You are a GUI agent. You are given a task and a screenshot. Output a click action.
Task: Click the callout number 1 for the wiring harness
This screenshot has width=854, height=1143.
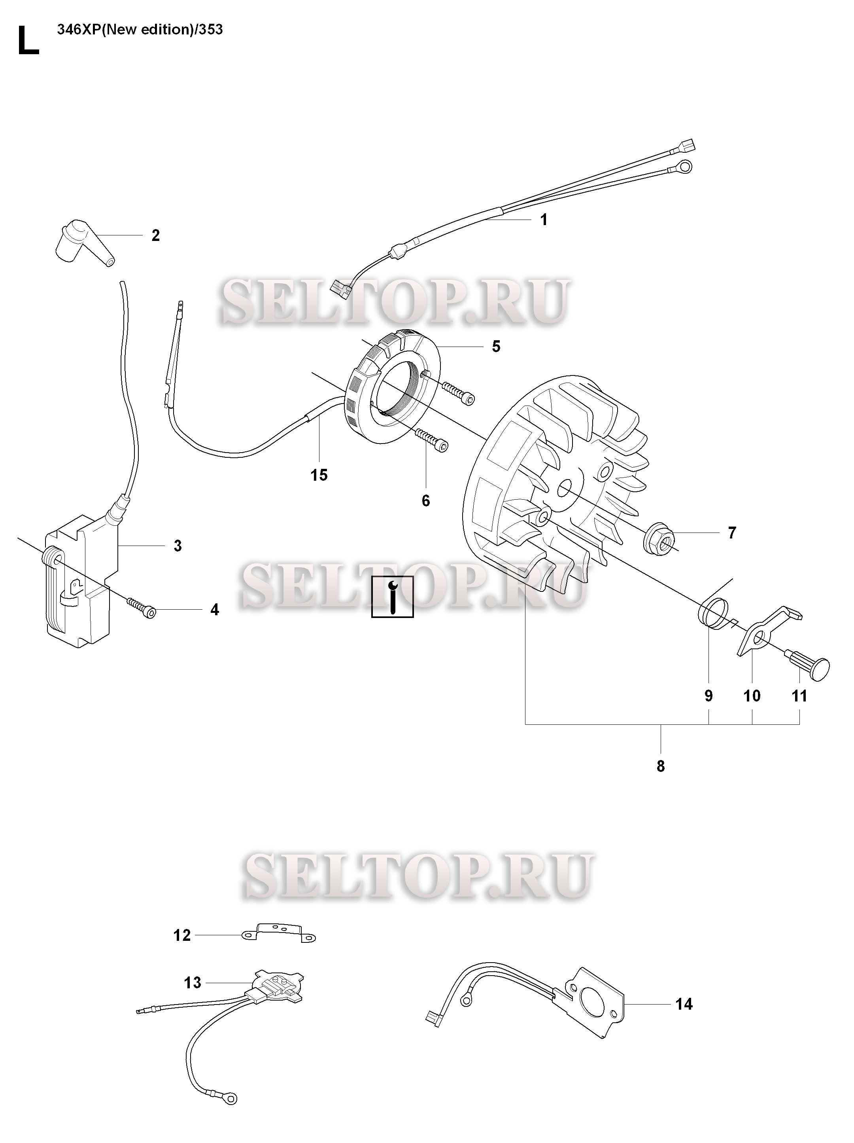[x=543, y=220]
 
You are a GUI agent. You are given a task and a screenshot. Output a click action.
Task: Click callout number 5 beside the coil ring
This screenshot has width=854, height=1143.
[x=496, y=346]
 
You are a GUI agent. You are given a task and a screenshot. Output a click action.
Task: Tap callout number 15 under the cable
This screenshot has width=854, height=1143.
[x=319, y=475]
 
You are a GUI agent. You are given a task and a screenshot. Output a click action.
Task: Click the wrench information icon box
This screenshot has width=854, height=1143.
[x=393, y=596]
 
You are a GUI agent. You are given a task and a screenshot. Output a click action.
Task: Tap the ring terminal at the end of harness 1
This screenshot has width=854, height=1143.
[x=684, y=167]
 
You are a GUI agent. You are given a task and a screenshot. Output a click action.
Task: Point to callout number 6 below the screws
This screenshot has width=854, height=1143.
[x=425, y=501]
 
